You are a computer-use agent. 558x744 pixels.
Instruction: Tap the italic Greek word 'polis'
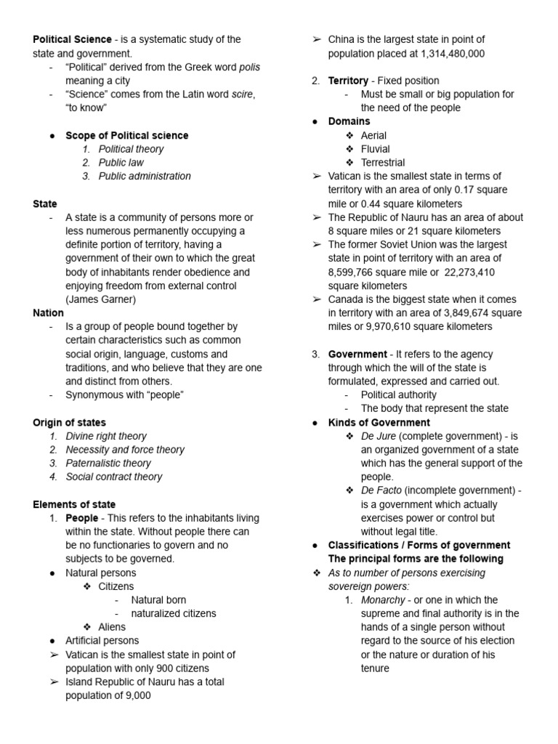(x=248, y=67)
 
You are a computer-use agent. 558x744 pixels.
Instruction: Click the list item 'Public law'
(x=121, y=163)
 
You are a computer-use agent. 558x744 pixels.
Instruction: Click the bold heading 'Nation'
(x=49, y=313)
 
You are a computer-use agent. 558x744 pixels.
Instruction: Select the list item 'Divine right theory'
(x=106, y=436)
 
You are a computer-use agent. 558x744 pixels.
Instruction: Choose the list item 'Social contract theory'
(x=114, y=477)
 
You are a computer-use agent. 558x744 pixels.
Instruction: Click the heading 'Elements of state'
(x=74, y=504)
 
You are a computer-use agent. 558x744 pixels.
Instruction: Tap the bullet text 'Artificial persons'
(x=102, y=640)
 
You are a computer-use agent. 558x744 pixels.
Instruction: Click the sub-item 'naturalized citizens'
(x=174, y=613)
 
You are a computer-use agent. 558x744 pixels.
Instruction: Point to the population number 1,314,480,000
(x=442, y=53)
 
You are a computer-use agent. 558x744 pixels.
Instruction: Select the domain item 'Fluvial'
(x=375, y=149)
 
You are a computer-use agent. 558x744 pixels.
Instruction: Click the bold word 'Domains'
(x=349, y=121)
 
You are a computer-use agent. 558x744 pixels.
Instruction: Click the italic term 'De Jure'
(x=378, y=436)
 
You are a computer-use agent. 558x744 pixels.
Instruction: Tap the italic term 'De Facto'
(x=381, y=490)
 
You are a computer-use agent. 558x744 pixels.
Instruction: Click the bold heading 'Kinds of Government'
(x=379, y=422)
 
